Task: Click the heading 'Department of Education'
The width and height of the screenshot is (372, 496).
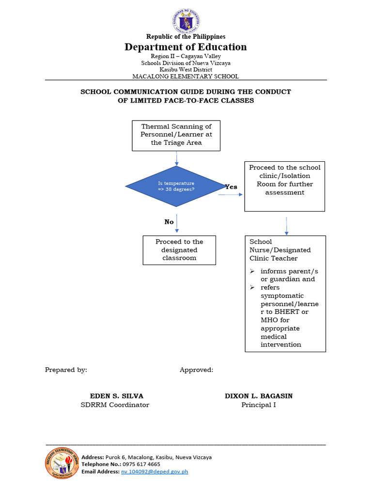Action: [186, 47]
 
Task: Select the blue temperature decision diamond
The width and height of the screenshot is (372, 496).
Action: [176, 186]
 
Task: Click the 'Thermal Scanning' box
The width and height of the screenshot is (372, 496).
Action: [176, 135]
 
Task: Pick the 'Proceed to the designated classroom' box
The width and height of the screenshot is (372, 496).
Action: [179, 250]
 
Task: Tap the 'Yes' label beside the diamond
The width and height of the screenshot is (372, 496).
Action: [231, 187]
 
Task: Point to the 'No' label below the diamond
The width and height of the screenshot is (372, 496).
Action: [169, 222]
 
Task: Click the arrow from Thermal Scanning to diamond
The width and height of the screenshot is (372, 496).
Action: [176, 158]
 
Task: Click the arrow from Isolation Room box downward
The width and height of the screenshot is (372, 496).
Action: [287, 225]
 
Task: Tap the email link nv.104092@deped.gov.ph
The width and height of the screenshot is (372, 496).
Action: [155, 471]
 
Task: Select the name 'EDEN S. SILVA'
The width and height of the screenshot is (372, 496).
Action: [117, 396]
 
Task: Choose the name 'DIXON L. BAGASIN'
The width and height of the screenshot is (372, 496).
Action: [259, 396]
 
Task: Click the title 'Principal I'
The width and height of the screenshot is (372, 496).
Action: [259, 405]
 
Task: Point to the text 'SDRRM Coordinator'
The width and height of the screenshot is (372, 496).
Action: [115, 405]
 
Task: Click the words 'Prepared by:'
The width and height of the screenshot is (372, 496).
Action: [66, 370]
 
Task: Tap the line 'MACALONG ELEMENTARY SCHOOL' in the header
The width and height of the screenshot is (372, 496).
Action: [186, 76]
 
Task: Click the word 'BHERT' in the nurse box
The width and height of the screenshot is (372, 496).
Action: [289, 312]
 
